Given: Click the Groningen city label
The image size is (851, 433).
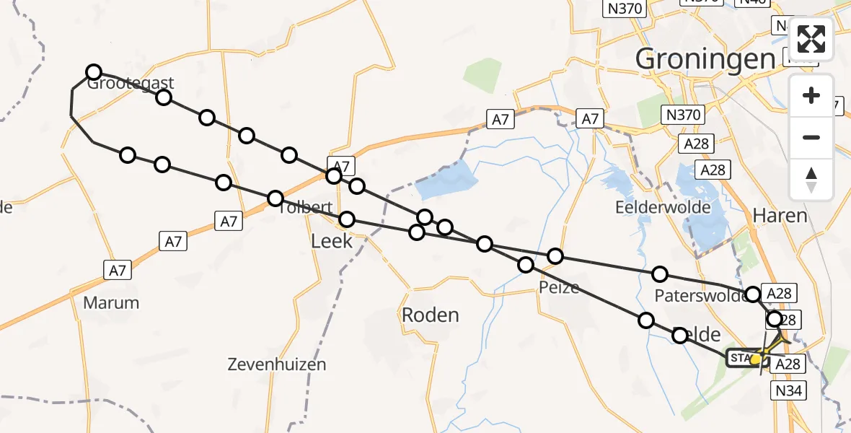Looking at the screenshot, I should tap(705, 59).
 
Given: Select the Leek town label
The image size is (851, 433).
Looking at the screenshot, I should tap(332, 240).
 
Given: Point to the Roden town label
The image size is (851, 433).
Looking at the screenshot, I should tap(430, 315).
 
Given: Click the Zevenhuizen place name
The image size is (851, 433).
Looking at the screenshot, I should tap(276, 364).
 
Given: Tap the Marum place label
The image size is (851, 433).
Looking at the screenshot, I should tap(111, 302).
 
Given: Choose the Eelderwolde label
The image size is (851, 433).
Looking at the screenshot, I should tap(663, 208).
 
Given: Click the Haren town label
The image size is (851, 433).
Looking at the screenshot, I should tap(779, 215).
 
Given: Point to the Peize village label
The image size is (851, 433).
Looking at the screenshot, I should tap(559, 287).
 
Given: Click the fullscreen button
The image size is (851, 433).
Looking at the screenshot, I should tap(811, 39).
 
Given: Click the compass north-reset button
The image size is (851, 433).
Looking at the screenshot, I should tap(811, 179).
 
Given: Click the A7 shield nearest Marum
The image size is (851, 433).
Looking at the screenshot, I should tap(118, 271).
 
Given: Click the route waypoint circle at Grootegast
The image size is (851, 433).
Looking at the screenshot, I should tap(93, 71).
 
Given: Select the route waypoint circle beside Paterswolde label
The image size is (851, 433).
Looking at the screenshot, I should tap(752, 294).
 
